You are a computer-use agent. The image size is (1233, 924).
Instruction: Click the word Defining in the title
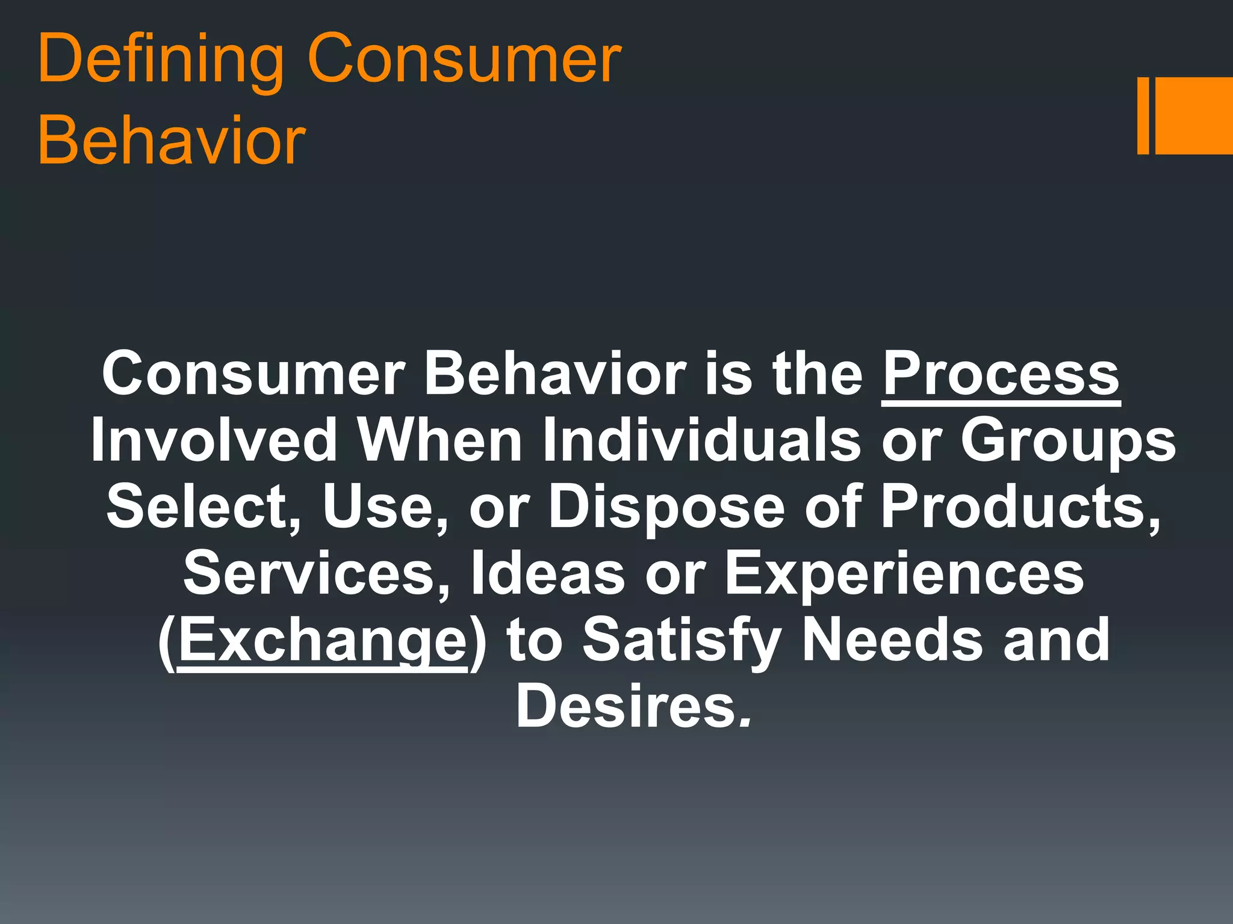coord(160,60)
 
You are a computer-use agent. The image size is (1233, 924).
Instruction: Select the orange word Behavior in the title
coord(172,141)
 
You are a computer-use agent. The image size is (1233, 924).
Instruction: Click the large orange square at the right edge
coord(1193,115)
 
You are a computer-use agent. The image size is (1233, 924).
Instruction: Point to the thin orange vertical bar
coord(1143,115)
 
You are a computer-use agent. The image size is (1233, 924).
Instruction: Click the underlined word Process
coord(1001,374)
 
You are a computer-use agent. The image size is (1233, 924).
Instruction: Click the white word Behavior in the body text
coord(554,374)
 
